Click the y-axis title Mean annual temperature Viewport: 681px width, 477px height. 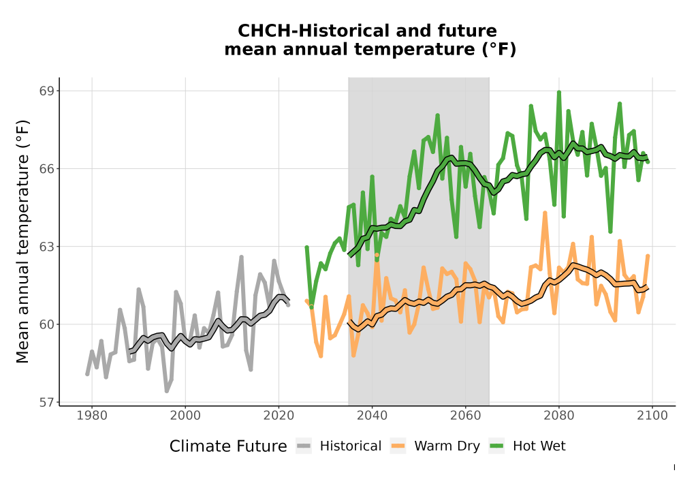click(x=22, y=241)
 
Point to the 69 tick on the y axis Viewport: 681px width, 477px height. click(x=46, y=91)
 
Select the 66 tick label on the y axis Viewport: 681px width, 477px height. click(x=46, y=168)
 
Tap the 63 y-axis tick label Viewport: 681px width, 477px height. click(x=46, y=247)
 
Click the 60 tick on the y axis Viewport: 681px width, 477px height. click(x=46, y=324)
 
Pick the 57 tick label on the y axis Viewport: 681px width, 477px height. click(x=46, y=403)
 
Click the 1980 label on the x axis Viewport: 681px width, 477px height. click(x=92, y=416)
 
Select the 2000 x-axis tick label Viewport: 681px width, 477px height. click(x=185, y=416)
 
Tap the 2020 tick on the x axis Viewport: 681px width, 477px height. click(x=279, y=416)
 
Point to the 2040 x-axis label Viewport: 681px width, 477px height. click(x=373, y=416)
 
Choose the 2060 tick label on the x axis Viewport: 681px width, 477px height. click(x=466, y=416)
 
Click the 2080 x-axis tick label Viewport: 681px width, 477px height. click(x=559, y=416)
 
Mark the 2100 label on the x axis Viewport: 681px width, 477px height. click(x=652, y=416)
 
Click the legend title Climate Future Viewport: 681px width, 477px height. click(x=228, y=446)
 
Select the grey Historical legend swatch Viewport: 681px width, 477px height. click(x=304, y=446)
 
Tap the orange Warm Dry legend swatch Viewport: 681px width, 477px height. click(x=398, y=446)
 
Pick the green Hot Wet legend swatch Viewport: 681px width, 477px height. click(x=496, y=446)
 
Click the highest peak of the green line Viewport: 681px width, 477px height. click(x=559, y=92)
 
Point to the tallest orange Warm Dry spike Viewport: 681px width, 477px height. click(x=545, y=213)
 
